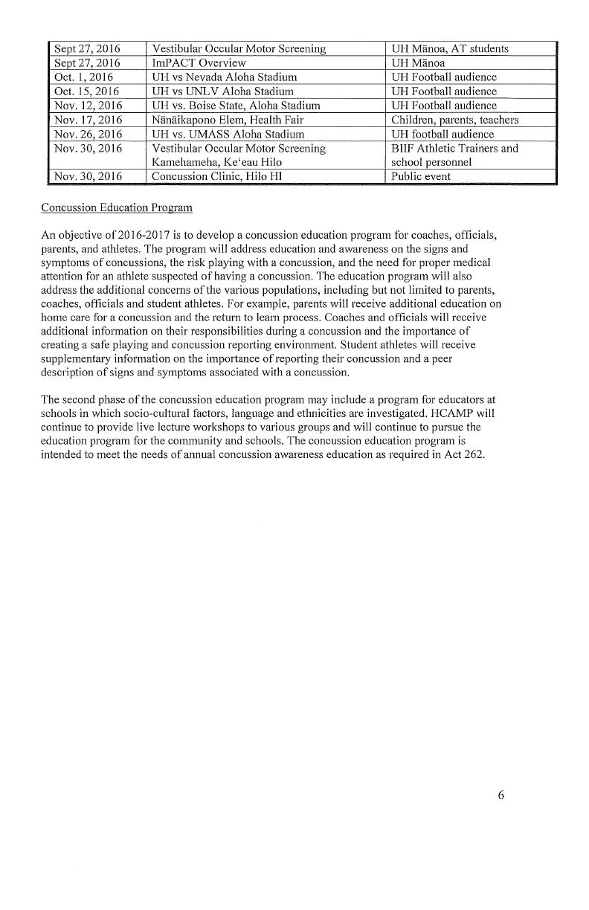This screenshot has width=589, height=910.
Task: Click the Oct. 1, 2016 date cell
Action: (x=83, y=77)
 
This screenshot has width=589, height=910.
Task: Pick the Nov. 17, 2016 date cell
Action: (x=88, y=120)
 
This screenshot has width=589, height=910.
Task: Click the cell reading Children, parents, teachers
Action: (x=454, y=120)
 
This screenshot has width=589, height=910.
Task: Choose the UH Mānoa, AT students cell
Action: (x=450, y=48)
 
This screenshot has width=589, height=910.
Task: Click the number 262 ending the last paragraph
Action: (x=474, y=456)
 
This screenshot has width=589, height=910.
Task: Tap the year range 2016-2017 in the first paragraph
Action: (x=136, y=236)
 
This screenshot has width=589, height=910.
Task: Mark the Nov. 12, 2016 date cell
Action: (x=88, y=106)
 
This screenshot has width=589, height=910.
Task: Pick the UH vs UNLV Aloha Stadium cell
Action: (x=220, y=91)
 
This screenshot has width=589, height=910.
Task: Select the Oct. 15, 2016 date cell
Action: (x=86, y=91)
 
